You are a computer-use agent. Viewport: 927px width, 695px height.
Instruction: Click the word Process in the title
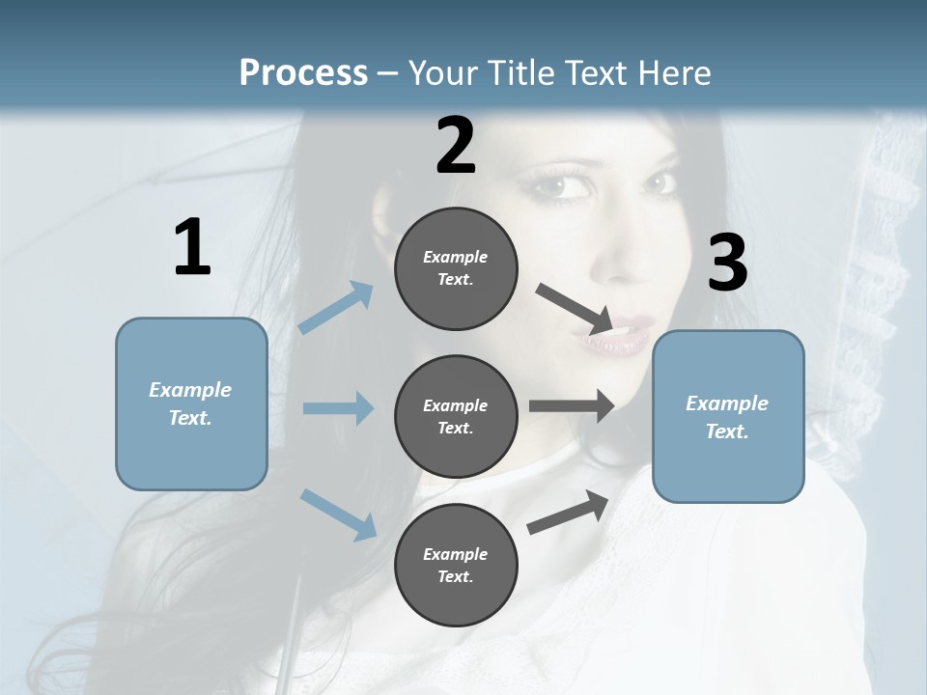point(303,73)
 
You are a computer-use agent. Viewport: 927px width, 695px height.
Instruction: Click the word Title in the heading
point(521,73)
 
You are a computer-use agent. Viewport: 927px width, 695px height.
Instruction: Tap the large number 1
point(192,248)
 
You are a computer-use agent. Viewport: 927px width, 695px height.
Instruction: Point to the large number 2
point(456,146)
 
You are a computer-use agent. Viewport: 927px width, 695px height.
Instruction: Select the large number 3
point(727,264)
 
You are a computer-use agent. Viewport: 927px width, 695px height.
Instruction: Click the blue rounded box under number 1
point(191,403)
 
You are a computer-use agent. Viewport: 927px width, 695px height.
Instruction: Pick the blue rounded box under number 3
point(728,416)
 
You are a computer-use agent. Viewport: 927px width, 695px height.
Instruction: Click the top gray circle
point(456,268)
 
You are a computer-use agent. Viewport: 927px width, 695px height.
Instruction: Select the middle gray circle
point(456,416)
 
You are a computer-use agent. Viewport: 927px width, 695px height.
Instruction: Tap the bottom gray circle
point(456,565)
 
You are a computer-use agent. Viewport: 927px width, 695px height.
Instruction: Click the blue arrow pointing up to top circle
point(336,308)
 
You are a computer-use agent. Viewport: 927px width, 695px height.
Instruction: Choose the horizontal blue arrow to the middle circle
point(338,408)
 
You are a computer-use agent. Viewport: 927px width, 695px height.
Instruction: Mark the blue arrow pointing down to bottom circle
point(338,514)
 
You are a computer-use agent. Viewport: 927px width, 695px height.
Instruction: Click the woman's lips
point(605,332)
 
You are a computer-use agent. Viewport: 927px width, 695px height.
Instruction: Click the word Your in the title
point(441,73)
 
